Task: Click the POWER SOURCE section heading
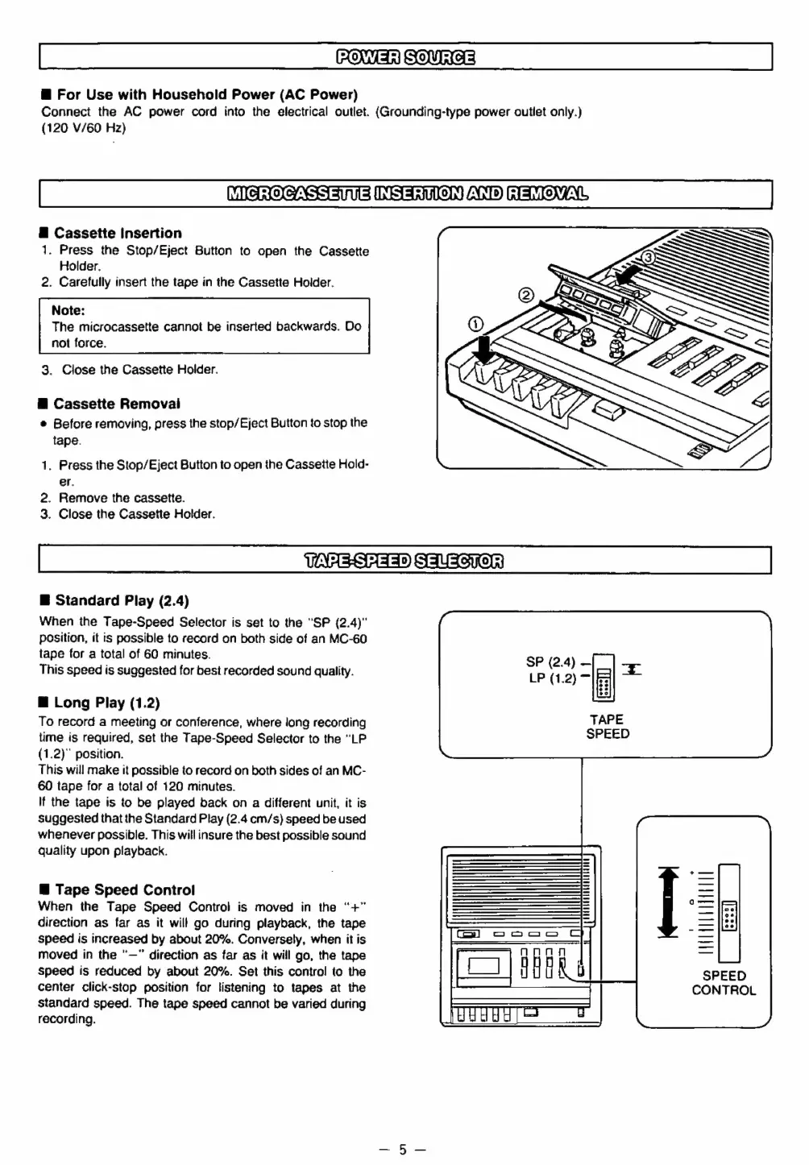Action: [405, 56]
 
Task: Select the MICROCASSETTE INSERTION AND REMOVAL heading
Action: [405, 194]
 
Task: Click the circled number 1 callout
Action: [475, 324]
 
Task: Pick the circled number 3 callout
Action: [648, 257]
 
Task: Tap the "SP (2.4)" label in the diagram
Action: [550, 661]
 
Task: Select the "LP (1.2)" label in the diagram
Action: [552, 678]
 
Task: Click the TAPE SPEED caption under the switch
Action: [608, 726]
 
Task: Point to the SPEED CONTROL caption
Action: [724, 983]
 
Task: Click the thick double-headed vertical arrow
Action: [668, 902]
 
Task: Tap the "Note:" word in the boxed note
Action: [68, 310]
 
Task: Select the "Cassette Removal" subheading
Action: [117, 404]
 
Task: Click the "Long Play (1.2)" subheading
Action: [107, 703]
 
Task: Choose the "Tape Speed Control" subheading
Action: [125, 889]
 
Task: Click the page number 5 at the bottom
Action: [404, 1149]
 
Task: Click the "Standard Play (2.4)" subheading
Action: [122, 600]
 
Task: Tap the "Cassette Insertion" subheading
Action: [118, 233]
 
